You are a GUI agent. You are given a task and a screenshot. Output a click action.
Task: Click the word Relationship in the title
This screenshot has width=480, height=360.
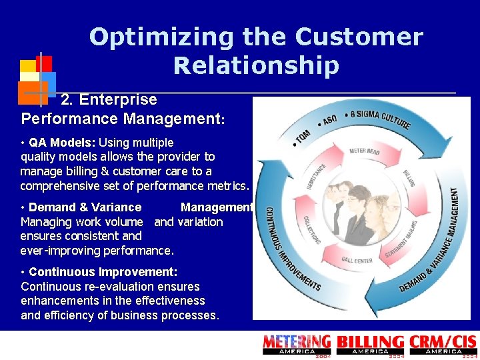click(x=256, y=65)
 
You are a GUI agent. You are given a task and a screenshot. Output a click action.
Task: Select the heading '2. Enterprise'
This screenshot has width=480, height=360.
click(x=109, y=100)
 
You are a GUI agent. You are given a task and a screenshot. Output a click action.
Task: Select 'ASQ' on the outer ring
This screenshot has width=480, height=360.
click(x=329, y=120)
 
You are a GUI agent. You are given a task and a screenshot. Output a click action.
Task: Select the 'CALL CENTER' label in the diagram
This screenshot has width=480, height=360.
click(x=357, y=261)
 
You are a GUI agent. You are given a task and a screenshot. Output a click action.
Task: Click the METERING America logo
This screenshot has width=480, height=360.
click(x=297, y=345)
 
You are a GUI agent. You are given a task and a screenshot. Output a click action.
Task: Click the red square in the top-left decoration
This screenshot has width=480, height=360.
click(x=44, y=63)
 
